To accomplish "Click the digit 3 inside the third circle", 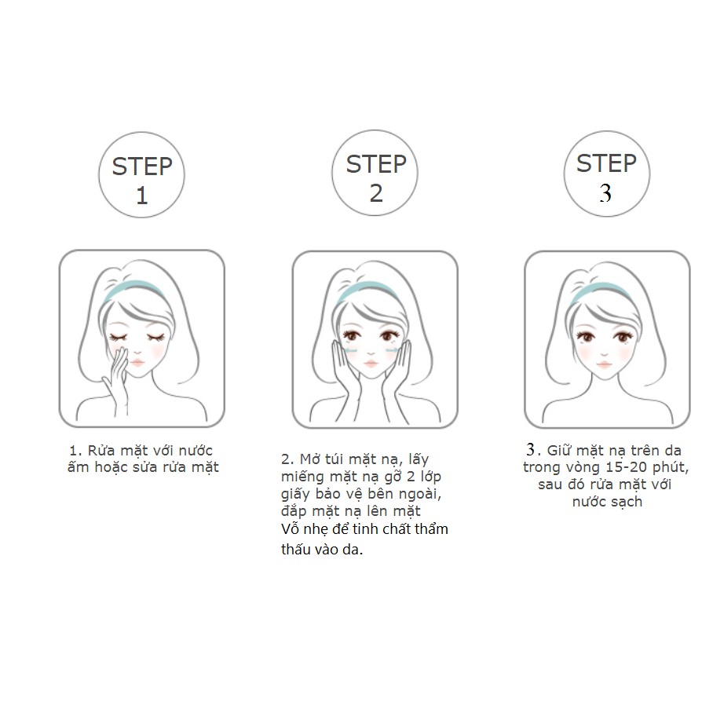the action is pos(605,193).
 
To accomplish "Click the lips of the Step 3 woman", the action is pos(605,364).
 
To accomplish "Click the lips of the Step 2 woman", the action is pos(371,364).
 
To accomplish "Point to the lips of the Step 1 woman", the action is pos(137,363).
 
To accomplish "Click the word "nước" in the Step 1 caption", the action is pos(196,451).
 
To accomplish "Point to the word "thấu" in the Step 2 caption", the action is pos(297,549).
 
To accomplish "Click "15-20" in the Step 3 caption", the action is pos(626,467).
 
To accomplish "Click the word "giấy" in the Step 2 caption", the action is pos(298,494).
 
